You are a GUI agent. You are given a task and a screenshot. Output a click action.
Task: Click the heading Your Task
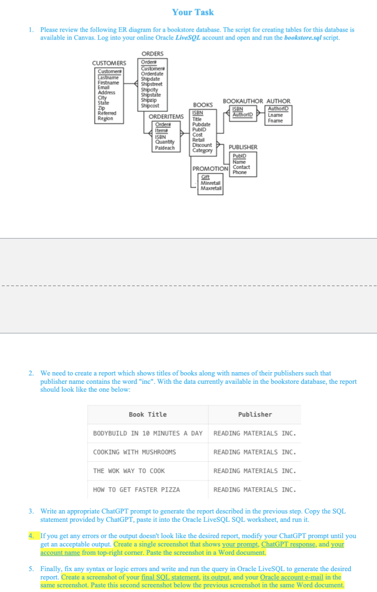pyautogui.click(x=192, y=12)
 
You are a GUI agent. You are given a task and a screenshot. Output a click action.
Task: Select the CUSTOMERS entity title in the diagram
pyautogui.click(x=109, y=63)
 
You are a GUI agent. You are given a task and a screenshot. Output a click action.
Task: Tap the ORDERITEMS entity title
pyautogui.click(x=166, y=116)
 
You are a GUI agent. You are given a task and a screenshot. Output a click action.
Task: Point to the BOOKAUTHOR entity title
pyautogui.click(x=243, y=101)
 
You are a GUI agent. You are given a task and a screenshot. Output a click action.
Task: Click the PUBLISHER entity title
pyautogui.click(x=242, y=147)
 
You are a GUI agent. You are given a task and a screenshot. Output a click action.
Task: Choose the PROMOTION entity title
pyautogui.click(x=210, y=168)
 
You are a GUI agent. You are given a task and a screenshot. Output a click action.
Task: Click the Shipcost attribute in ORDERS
pyautogui.click(x=149, y=105)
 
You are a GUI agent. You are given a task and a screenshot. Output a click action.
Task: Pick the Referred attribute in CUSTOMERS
pyautogui.click(x=107, y=113)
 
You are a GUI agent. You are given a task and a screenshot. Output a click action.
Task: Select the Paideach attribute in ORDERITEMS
pyautogui.click(x=165, y=148)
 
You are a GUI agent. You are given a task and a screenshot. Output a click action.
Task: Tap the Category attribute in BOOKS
pyautogui.click(x=202, y=150)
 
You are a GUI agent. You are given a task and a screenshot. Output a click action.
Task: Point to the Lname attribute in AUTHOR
pyautogui.click(x=275, y=115)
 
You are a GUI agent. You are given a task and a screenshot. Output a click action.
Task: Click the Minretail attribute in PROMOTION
pyautogui.click(x=210, y=183)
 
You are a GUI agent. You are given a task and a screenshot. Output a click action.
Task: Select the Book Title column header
pyautogui.click(x=147, y=414)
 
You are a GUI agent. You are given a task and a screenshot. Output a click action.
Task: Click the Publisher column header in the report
pyautogui.click(x=255, y=414)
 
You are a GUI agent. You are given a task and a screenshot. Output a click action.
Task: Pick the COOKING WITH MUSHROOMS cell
pyautogui.click(x=134, y=452)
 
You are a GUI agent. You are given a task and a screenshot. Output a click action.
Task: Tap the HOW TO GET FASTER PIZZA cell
pyautogui.click(x=136, y=490)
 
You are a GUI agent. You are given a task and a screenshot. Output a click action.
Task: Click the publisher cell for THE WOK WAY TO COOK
pyautogui.click(x=254, y=471)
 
